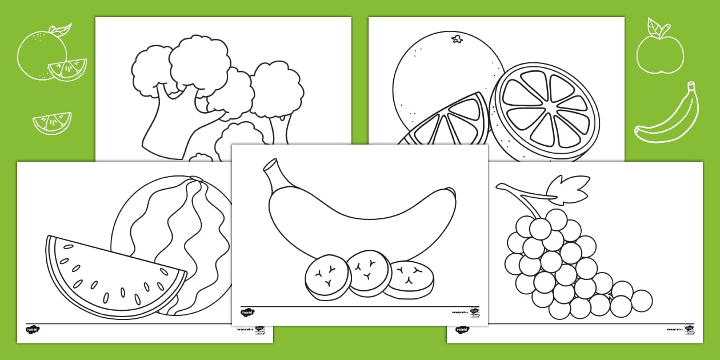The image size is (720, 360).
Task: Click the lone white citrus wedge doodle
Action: point(52,122)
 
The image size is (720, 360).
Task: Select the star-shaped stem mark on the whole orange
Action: point(457,39)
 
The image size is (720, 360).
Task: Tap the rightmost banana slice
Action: point(409,279)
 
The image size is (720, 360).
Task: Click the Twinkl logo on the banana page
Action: point(247,312)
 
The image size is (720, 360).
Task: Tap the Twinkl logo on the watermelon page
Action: point(33,330)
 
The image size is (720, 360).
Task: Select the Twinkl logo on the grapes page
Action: point(462,330)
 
